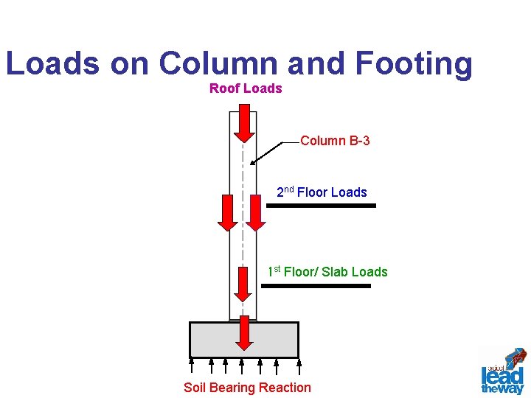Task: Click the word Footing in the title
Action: tap(414, 63)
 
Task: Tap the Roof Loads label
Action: tap(246, 88)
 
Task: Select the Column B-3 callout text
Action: tap(335, 140)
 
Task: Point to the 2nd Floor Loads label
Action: tap(322, 192)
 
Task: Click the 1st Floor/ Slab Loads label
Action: tap(327, 272)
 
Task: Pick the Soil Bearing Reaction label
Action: tap(247, 388)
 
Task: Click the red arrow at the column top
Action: tap(244, 122)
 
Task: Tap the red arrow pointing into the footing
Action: tap(244, 335)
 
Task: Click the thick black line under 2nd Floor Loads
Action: tap(321, 206)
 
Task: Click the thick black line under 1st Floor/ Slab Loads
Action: tap(316, 285)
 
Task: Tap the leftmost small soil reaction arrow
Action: tap(192, 364)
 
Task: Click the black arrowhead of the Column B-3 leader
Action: tap(253, 162)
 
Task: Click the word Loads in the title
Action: tap(52, 63)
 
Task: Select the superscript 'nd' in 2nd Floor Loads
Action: tap(289, 189)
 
